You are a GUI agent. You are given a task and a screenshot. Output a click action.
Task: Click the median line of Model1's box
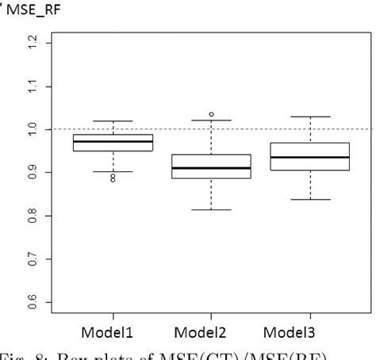[113, 141]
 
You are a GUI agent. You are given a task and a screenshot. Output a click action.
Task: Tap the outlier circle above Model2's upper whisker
[211, 114]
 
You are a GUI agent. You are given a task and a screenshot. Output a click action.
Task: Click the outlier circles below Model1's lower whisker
[113, 178]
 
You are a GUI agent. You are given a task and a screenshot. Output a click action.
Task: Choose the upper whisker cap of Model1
[113, 121]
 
